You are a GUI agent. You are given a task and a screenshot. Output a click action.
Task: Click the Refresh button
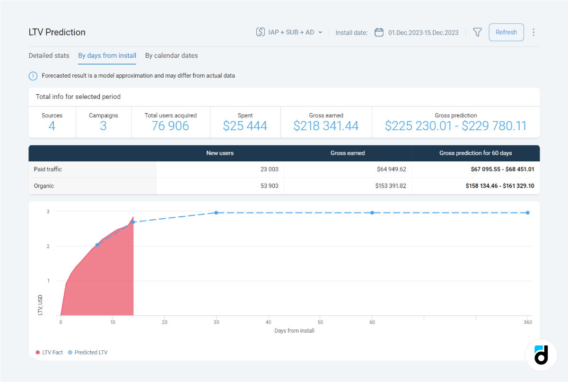tap(506, 32)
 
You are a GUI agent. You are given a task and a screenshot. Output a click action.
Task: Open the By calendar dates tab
tap(171, 56)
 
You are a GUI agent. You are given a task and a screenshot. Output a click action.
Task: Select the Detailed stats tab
tap(49, 56)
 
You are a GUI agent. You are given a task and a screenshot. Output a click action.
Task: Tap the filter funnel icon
tap(477, 32)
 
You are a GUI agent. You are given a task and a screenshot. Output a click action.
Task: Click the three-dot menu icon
tap(533, 32)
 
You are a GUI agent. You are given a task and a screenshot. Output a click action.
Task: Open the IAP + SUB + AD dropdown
tap(289, 32)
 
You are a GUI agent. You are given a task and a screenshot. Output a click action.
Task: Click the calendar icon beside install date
tap(379, 32)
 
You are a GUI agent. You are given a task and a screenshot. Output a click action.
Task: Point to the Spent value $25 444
tap(245, 126)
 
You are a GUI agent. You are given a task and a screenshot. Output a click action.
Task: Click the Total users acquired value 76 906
tap(170, 126)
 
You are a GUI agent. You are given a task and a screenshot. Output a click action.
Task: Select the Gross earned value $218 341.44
tap(326, 126)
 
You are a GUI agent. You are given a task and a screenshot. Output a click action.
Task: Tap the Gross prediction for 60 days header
tap(475, 153)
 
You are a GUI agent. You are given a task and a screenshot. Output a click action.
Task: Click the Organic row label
tap(44, 186)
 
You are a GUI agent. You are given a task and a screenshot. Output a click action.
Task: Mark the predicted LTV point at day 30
tap(216, 213)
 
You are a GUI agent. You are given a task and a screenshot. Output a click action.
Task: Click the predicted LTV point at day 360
tap(527, 213)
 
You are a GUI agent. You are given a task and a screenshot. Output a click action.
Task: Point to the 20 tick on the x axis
tap(165, 322)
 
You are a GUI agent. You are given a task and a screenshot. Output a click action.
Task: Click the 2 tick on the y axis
tap(48, 246)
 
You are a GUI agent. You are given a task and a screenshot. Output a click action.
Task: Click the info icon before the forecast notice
tap(33, 76)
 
